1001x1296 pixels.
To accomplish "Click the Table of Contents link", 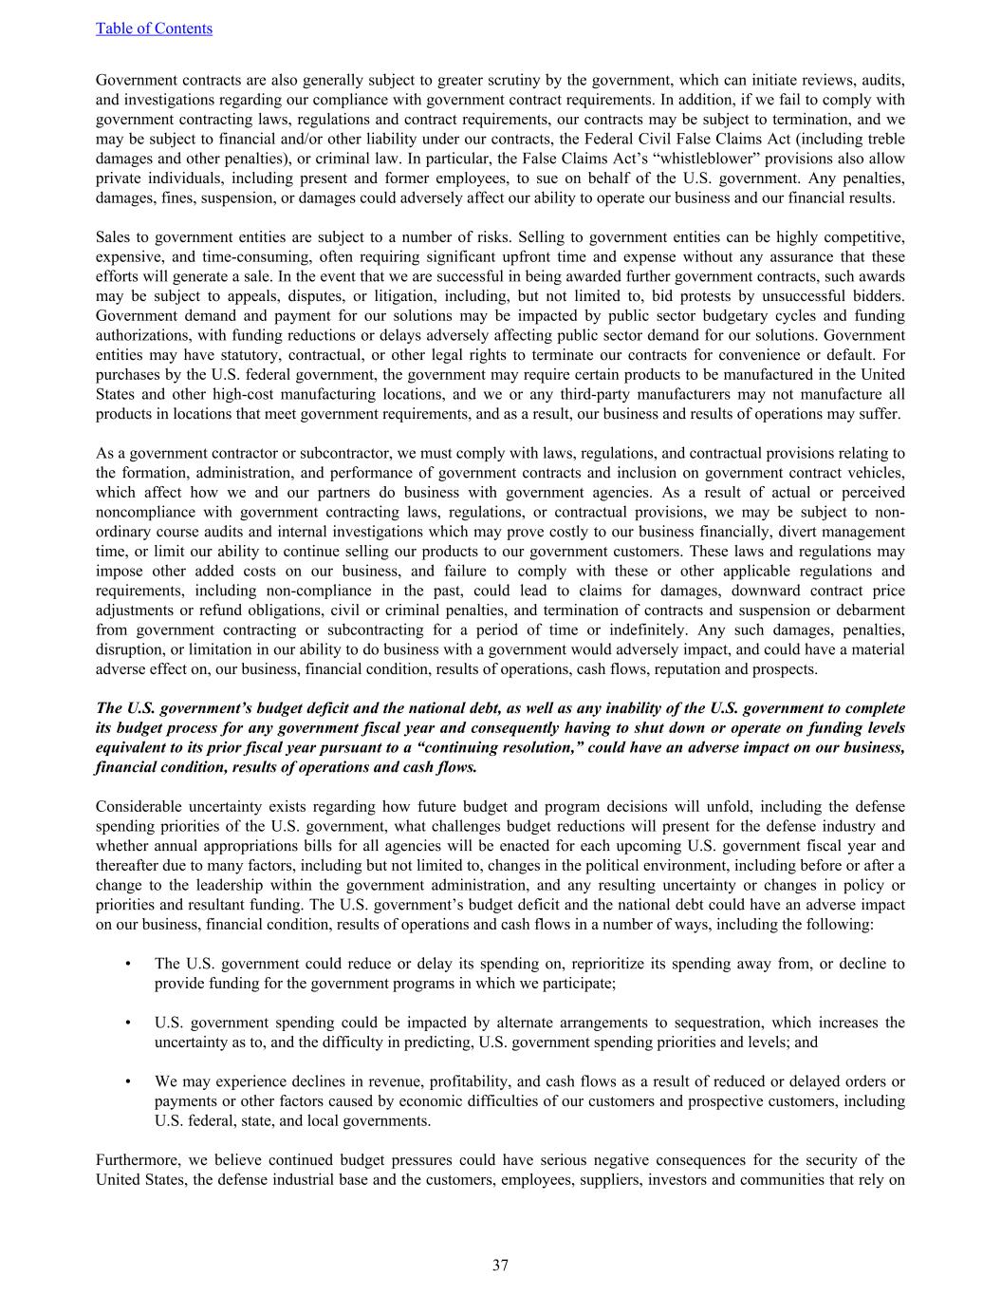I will pos(154,28).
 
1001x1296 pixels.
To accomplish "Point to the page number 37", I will pos(500,1265).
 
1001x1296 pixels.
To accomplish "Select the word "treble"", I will pos(883,139).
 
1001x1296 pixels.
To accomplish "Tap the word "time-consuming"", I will pos(254,257).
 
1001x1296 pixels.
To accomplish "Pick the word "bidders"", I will pos(878,296).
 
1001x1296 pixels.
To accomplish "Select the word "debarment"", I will pos(871,610).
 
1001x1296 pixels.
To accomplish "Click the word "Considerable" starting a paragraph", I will pos(139,807).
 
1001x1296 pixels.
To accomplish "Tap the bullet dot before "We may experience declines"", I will pos(128,1081).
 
